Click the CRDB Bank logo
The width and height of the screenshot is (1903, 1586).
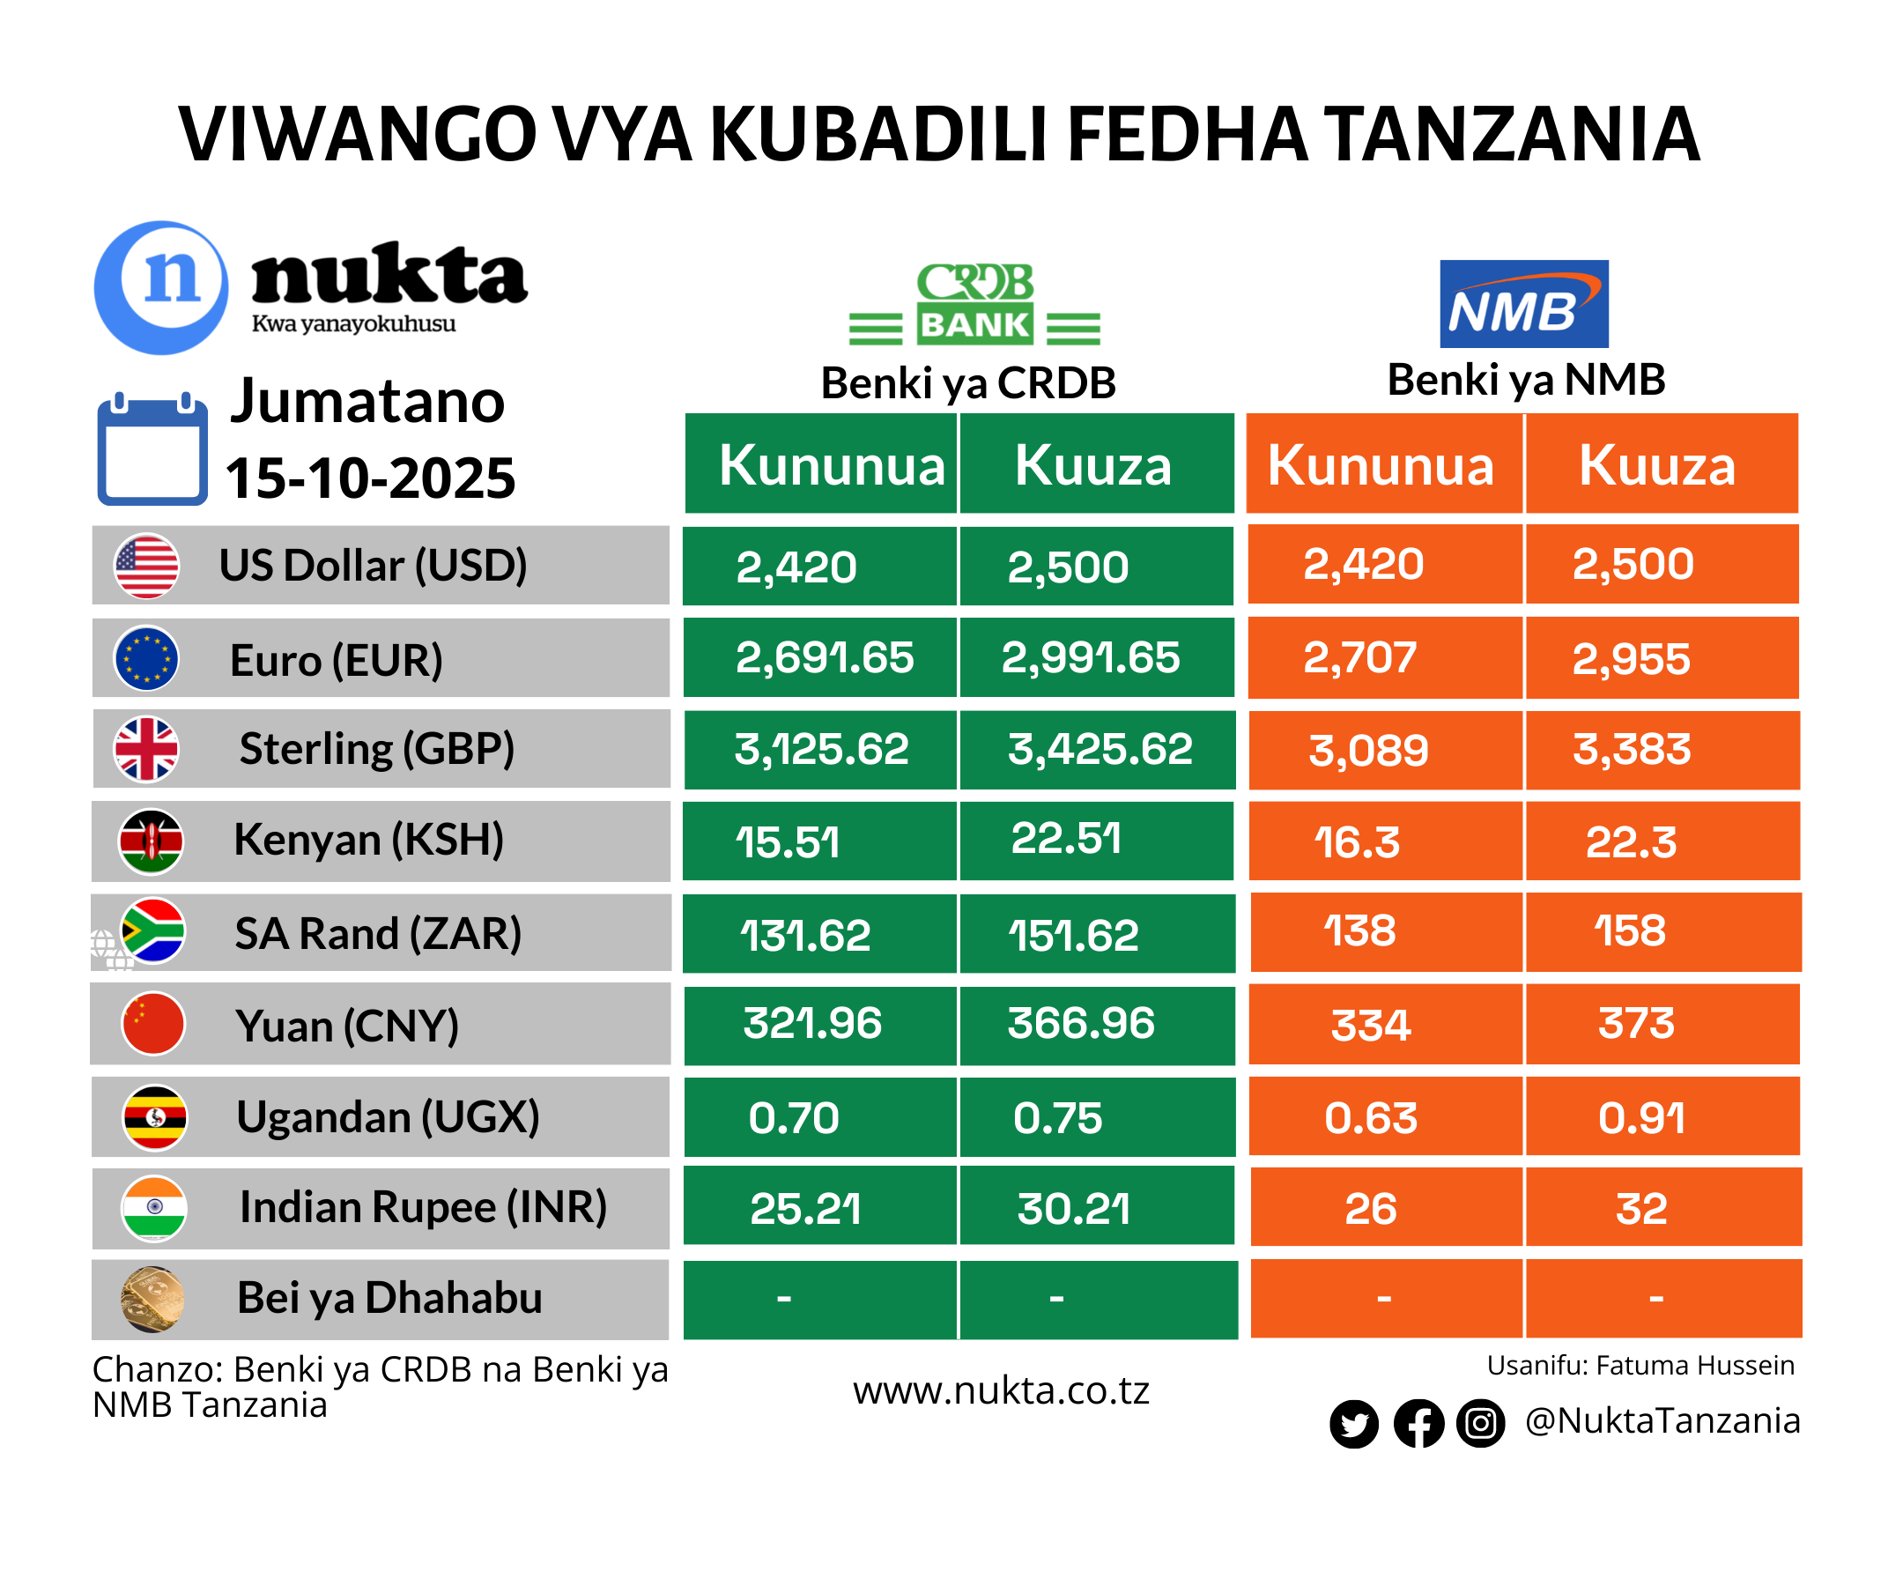pyautogui.click(x=974, y=304)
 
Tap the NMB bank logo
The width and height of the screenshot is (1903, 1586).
pyautogui.click(x=1523, y=304)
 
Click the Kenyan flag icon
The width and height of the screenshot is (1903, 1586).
pyautogui.click(x=152, y=841)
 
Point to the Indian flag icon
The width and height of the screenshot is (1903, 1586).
pyautogui.click(x=154, y=1208)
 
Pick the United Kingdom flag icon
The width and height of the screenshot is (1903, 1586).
pyautogui.click(x=146, y=750)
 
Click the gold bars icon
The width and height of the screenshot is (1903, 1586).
pyautogui.click(x=152, y=1299)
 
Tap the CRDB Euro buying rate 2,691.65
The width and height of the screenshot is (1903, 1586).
pyautogui.click(x=824, y=658)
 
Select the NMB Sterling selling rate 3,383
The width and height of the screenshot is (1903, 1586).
pyautogui.click(x=1631, y=750)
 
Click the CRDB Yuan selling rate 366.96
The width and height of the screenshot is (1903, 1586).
pyautogui.click(x=1081, y=1023)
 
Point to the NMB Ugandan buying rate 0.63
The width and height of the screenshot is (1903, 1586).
pyautogui.click(x=1370, y=1117)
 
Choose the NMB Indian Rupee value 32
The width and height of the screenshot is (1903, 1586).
pyautogui.click(x=1641, y=1209)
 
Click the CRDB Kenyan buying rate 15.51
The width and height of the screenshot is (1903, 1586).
pyautogui.click(x=787, y=842)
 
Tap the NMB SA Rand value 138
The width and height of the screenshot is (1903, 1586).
pyautogui.click(x=1359, y=930)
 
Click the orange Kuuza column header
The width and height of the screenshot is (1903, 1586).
pyautogui.click(x=1656, y=465)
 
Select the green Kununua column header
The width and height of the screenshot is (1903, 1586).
pyautogui.click(x=831, y=465)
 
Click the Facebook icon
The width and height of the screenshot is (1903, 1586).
pyautogui.click(x=1418, y=1423)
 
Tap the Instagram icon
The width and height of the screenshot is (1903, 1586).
pyautogui.click(x=1481, y=1423)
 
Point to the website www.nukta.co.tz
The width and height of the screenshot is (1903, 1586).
pyautogui.click(x=1001, y=1390)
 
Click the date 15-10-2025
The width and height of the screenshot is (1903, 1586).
pyautogui.click(x=370, y=478)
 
